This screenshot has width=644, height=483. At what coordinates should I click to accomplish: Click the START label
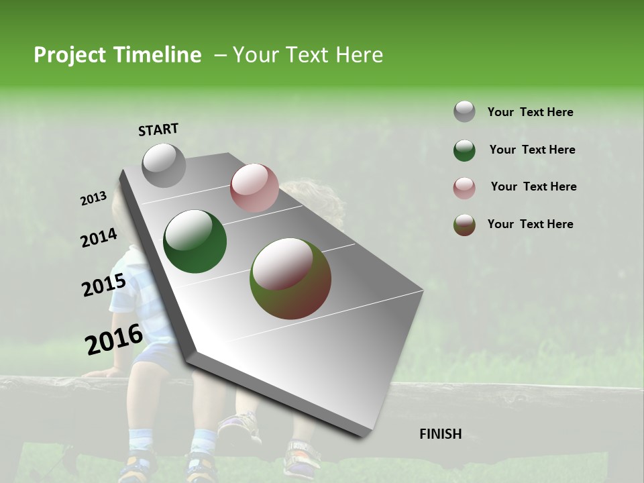click(158, 129)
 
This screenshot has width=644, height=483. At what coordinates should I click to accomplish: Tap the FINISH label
click(441, 434)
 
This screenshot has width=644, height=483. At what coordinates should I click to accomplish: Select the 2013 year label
click(93, 199)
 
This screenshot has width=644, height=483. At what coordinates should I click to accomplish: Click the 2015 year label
click(104, 285)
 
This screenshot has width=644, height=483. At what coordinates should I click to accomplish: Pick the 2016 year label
click(114, 339)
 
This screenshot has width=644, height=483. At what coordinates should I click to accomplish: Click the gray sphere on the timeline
click(164, 165)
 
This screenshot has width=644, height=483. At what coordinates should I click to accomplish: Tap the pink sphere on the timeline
click(254, 188)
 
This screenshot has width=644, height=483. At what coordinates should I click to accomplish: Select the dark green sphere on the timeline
click(195, 241)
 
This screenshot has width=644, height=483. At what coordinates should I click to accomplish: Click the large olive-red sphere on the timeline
click(290, 278)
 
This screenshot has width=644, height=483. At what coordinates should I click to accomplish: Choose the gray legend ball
click(464, 112)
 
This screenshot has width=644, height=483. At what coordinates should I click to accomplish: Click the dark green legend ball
click(464, 150)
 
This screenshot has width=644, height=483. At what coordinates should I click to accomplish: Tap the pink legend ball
click(464, 188)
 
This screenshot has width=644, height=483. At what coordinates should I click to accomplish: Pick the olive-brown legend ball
click(464, 225)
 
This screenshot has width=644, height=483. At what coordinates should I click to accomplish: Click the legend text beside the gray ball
click(530, 112)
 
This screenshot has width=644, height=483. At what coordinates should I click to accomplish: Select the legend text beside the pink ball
click(533, 186)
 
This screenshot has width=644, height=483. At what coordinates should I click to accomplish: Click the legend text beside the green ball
click(532, 150)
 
